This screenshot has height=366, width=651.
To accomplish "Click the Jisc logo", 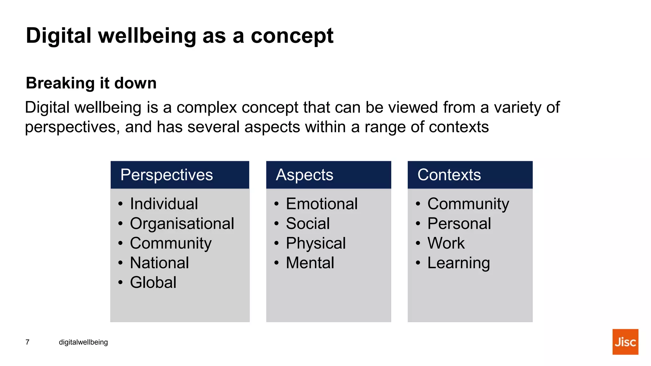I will click(625, 342).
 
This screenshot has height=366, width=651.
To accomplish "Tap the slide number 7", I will click(28, 342).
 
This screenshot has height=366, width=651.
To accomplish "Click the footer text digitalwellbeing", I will click(83, 342).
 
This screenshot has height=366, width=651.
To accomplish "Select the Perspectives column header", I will click(167, 175).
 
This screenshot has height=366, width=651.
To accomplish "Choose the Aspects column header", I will click(305, 175).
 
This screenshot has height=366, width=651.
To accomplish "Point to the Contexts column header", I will click(449, 175).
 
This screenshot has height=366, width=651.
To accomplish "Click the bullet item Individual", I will click(164, 204).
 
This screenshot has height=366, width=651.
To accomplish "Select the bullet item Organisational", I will click(182, 223).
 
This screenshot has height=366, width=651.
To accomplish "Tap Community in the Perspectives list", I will click(171, 243).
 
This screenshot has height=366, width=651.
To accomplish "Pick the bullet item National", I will click(159, 263).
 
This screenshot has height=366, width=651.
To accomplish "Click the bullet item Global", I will click(153, 282).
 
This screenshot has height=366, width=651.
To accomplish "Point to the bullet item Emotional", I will click(322, 204).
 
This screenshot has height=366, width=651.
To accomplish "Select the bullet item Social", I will click(308, 223).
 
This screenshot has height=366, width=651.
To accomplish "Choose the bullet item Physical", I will click(316, 243).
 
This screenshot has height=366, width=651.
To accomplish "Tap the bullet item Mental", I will click(310, 263).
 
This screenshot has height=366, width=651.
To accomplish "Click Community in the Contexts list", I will click(468, 204).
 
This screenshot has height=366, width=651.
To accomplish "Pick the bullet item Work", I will click(446, 243).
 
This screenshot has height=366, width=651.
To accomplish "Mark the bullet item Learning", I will click(458, 263).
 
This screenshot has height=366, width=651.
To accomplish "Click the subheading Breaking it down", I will click(91, 83).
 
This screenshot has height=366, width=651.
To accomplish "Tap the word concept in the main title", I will click(292, 36).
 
